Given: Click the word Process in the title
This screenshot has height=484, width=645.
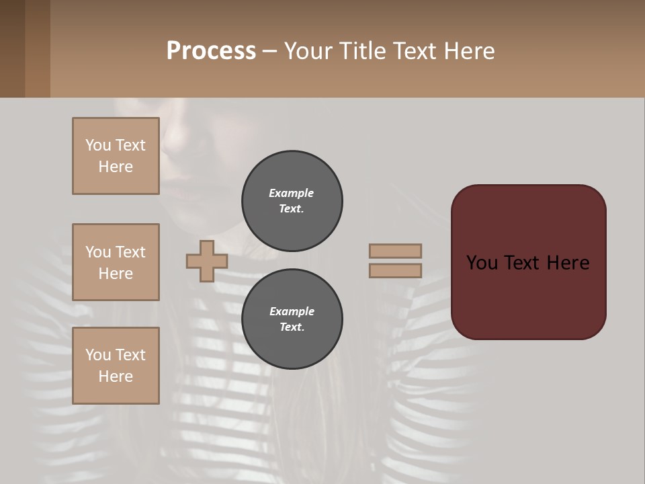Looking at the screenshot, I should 211,51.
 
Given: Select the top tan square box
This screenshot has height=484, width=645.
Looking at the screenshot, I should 116,156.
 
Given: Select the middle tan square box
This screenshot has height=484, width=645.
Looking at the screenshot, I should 116,262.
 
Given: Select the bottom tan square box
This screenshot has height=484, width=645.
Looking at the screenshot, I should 116,366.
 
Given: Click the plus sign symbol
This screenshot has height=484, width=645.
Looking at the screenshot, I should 207,261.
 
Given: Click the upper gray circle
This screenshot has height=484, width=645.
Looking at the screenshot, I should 292,201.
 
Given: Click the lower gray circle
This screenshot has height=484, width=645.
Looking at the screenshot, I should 292,319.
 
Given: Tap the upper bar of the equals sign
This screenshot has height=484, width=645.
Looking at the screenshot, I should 395,251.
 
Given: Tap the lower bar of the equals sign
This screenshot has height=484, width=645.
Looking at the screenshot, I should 395,271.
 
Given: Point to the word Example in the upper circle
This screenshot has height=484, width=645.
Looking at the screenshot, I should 291,193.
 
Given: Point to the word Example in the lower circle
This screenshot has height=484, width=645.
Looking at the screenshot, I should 292,311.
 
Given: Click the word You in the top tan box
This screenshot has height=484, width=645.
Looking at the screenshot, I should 98,145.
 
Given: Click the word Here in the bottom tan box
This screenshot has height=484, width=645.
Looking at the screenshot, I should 116,376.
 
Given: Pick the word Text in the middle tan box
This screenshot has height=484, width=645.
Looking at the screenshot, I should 130,252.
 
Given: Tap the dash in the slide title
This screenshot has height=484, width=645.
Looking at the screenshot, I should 269,51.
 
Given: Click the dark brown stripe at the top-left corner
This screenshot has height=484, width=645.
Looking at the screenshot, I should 12,48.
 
